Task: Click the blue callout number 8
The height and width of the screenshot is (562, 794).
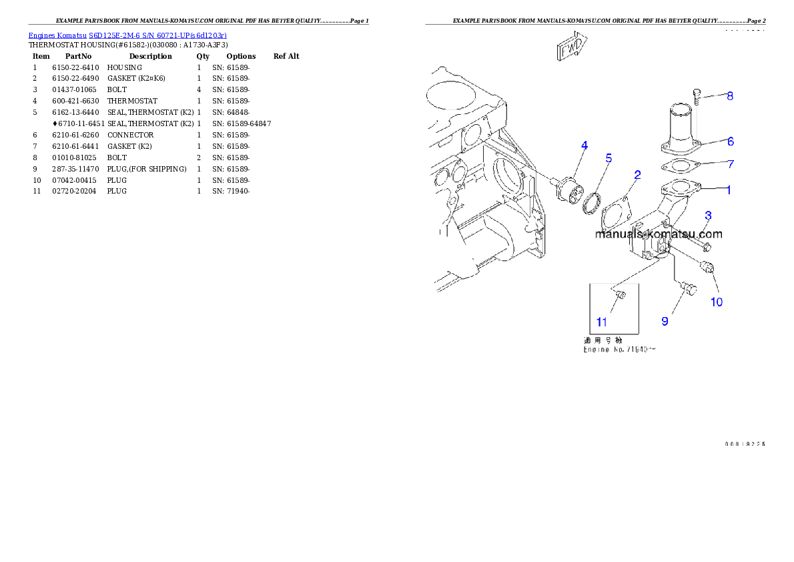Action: (x=730, y=96)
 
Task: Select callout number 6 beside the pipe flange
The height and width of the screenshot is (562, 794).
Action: (x=731, y=142)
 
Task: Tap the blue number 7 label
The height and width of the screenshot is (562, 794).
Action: (x=731, y=164)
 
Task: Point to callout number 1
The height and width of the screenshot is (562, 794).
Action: (x=729, y=190)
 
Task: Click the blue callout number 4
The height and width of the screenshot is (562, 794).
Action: (x=584, y=145)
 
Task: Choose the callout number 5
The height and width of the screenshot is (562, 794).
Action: (x=609, y=158)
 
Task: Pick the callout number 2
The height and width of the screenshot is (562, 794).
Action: (x=638, y=175)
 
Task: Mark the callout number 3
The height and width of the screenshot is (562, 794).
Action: (x=709, y=215)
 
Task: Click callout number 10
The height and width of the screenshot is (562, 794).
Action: (x=716, y=302)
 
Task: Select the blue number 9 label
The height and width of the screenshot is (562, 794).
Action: (x=665, y=321)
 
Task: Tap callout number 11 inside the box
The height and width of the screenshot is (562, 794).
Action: (x=602, y=322)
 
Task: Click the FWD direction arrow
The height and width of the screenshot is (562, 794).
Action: (x=570, y=46)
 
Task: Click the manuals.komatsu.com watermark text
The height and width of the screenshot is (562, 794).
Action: (x=659, y=234)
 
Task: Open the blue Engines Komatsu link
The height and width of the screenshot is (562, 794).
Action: (x=127, y=35)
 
